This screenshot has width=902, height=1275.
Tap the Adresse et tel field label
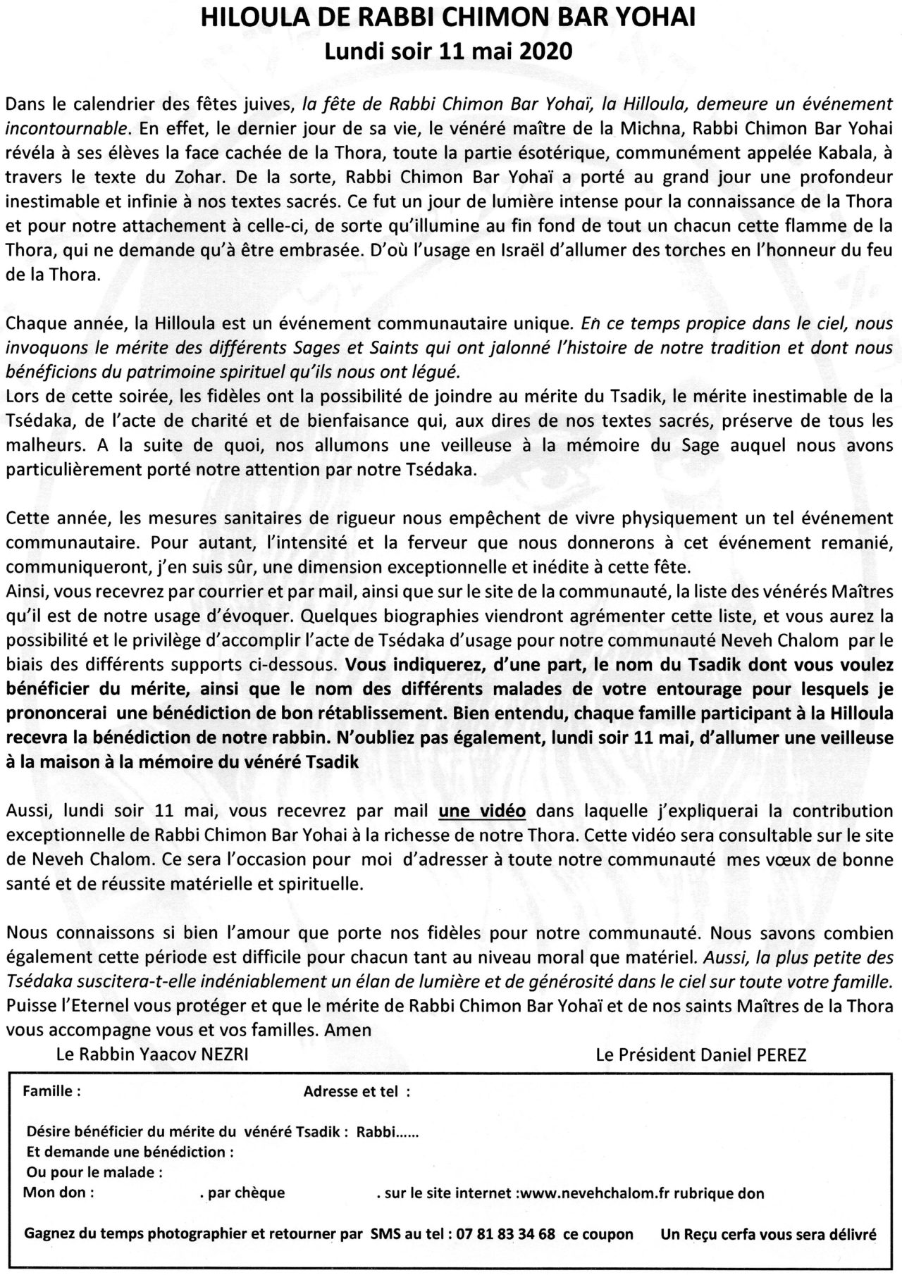(357, 1093)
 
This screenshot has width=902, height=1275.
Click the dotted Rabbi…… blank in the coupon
(388, 1133)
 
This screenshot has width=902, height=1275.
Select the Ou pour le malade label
(94, 1173)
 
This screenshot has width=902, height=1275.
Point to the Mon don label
(58, 1193)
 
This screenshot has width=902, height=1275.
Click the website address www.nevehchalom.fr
(607, 1193)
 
